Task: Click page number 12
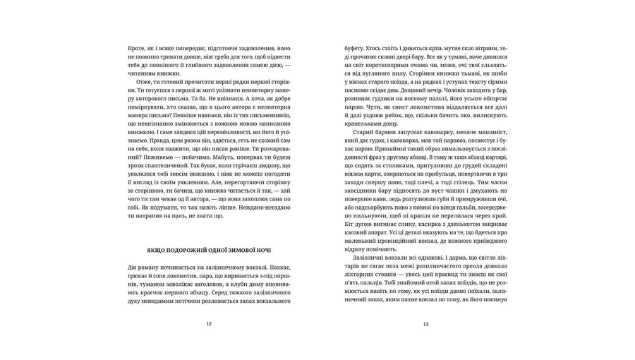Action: (x=208, y=324)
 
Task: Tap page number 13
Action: (x=425, y=324)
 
